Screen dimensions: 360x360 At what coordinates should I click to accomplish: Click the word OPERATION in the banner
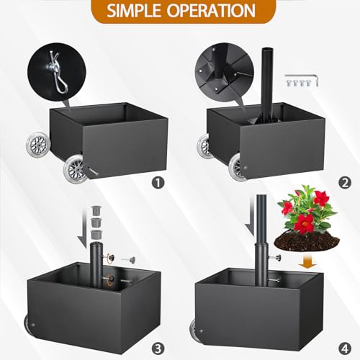tap(211, 11)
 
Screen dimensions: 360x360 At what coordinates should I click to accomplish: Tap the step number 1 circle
tap(158, 183)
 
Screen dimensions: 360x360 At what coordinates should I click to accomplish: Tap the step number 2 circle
tap(345, 183)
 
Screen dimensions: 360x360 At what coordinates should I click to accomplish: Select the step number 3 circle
tap(158, 348)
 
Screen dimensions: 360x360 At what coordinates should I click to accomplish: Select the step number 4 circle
tap(345, 348)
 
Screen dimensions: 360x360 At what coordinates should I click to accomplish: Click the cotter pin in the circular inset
tap(60, 72)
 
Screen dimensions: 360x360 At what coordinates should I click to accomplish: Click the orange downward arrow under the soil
tap(308, 262)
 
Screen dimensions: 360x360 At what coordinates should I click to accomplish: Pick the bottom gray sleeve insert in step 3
tap(96, 234)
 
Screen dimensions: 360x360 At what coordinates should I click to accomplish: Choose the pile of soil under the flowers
tap(307, 241)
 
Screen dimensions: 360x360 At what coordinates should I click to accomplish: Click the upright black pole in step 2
tap(266, 85)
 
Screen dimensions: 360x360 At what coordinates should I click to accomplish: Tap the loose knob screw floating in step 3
tap(128, 259)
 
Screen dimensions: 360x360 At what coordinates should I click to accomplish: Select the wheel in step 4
tap(194, 327)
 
